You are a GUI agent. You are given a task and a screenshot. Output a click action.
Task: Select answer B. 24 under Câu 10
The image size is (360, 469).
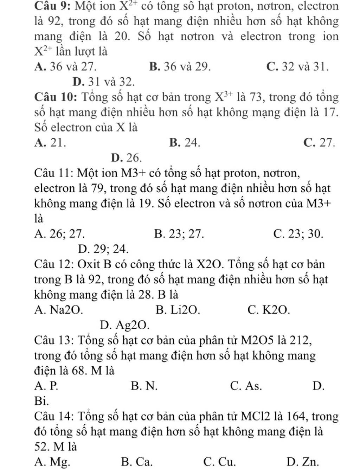[185, 142]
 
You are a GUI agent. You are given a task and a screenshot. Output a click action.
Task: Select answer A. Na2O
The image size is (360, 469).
[59, 310]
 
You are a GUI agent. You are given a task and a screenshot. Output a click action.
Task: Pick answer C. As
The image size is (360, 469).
[246, 386]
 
